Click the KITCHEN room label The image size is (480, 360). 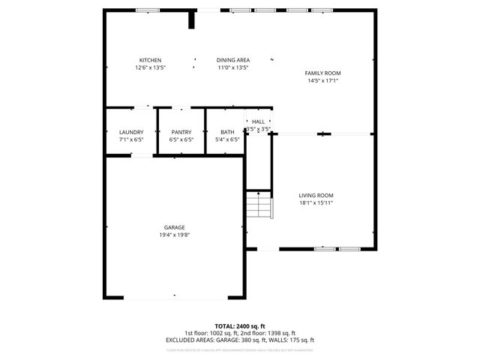tap(150, 61)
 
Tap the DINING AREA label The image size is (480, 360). tap(233, 61)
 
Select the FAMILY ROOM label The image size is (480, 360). tap(322, 73)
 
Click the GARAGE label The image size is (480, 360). tap(175, 227)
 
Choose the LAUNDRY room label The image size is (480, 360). tap(130, 132)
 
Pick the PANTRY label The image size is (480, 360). tap(181, 132)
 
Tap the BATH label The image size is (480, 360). tap(226, 132)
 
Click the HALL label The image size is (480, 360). tap(258, 121)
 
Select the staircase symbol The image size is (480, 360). tap(258, 205)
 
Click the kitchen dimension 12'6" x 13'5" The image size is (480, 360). tap(150, 68)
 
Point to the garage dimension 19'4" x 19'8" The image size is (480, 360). tap(175, 235)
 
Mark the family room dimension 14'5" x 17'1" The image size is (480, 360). tap(322, 80)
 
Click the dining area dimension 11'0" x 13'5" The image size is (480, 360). tap(233, 68)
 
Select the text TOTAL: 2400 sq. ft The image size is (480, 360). tap(240, 326)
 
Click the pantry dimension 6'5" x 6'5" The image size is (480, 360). tap(181, 139)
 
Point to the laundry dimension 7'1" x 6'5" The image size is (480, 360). tap(130, 139)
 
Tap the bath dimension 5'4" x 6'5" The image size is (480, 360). tap(226, 139)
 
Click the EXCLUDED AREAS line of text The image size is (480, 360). tap(240, 340)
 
